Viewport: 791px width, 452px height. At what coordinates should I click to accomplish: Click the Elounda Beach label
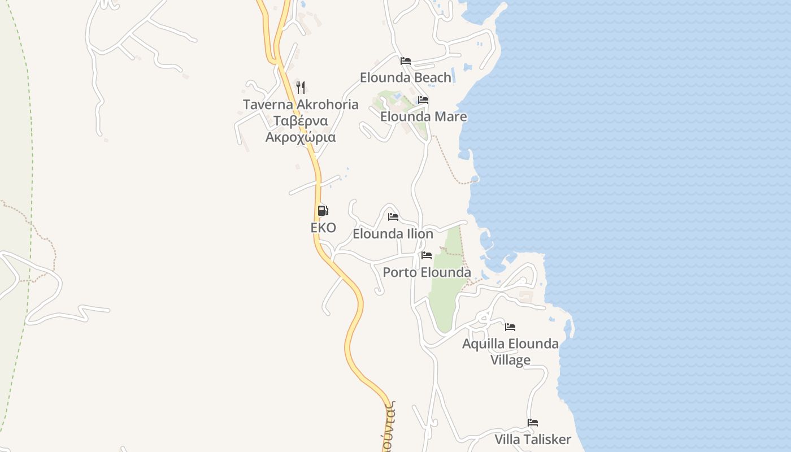point(406,77)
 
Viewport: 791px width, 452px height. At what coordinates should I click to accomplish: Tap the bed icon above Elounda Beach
point(406,61)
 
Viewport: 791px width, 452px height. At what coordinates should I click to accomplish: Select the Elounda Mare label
point(423,116)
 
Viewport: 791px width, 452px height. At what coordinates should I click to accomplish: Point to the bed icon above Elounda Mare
point(423,100)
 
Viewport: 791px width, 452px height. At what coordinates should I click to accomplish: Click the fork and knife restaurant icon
point(301,88)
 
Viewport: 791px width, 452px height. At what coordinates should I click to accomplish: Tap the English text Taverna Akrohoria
point(301,105)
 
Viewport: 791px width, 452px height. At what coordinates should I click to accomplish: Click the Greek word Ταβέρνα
point(301,121)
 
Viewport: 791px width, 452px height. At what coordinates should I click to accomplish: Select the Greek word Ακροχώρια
point(301,137)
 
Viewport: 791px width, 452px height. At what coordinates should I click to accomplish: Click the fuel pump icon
point(323,211)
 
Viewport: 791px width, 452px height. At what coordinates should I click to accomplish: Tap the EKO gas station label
point(323,228)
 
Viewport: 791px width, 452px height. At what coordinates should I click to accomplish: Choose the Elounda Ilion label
point(393,234)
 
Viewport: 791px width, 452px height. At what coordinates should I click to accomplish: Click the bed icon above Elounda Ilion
point(393,217)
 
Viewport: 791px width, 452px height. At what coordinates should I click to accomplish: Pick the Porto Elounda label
point(427,272)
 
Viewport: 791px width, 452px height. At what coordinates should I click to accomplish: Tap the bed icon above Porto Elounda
point(427,255)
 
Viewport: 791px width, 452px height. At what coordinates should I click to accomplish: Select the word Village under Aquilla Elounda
point(510,360)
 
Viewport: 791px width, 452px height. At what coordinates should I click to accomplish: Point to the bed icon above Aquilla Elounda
point(510,327)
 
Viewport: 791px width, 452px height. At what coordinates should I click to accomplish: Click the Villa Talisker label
point(533,440)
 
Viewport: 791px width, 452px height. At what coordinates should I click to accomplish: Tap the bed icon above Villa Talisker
point(533,423)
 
